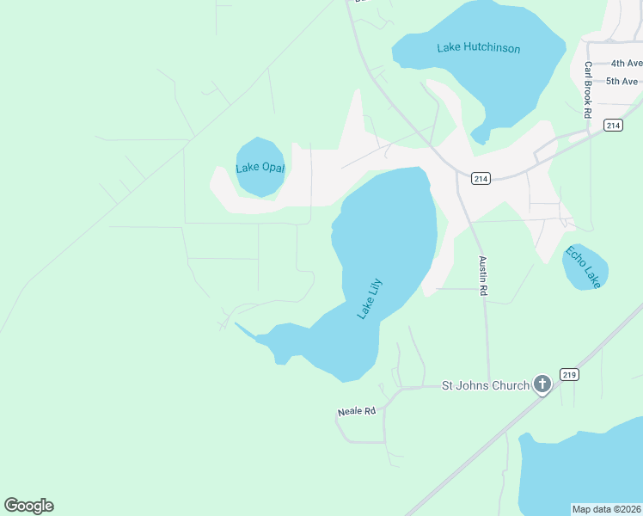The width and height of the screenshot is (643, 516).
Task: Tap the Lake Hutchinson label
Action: click(478, 48)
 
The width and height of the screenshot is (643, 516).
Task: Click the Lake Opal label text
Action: click(260, 168)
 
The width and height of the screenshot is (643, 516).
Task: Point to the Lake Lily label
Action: click(369, 298)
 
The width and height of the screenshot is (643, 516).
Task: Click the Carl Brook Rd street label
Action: click(588, 89)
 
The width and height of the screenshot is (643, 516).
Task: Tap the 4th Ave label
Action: click(626, 64)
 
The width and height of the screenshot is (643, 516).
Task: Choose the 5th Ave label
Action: click(623, 81)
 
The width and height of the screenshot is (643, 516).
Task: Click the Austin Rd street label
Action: click(483, 277)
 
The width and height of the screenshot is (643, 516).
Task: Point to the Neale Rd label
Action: click(357, 412)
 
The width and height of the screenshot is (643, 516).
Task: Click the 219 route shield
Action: click(568, 374)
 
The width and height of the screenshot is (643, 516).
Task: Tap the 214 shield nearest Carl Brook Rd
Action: click(612, 126)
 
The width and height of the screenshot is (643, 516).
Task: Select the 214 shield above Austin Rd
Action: click(481, 179)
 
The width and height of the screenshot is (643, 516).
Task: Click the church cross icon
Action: click(542, 384)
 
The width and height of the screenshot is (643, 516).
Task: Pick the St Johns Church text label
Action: click(485, 385)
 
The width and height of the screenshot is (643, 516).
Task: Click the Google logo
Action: click(29, 505)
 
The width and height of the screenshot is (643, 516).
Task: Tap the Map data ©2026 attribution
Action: click(606, 509)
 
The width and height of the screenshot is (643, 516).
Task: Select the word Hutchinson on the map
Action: click(493, 48)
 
